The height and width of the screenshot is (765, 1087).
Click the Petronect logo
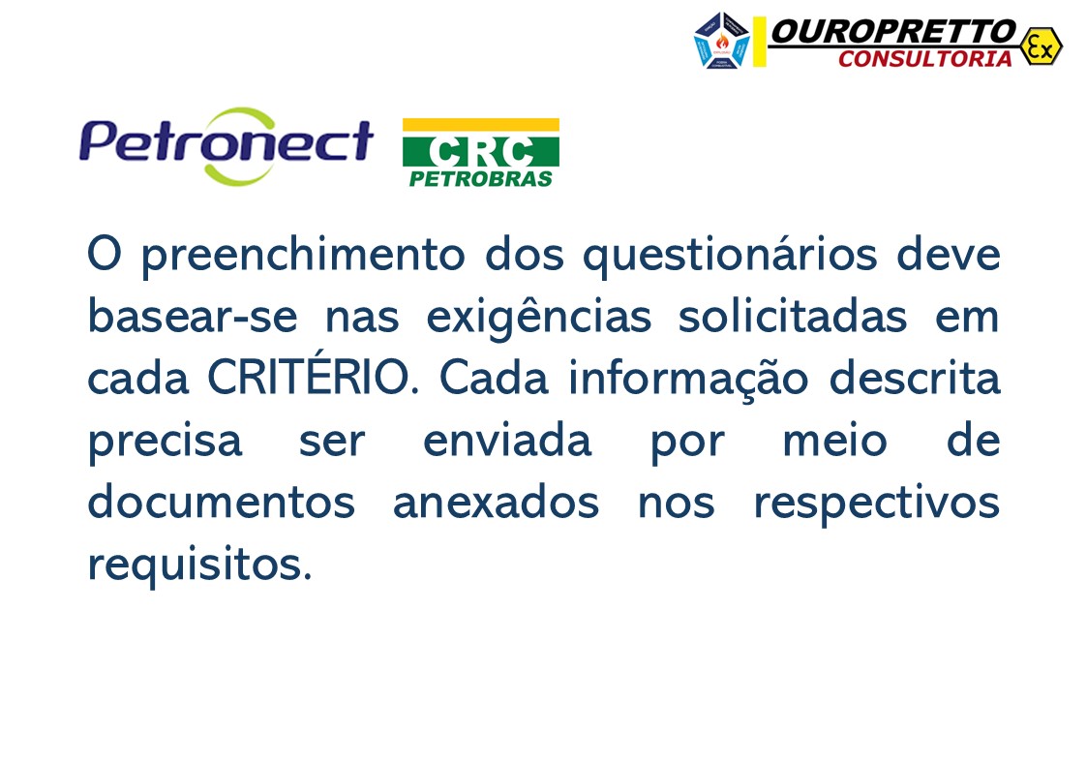[x=226, y=144]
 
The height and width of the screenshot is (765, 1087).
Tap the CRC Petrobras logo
[x=480, y=152]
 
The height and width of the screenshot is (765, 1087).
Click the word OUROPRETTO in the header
[x=892, y=32]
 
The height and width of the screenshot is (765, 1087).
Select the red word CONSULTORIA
[x=924, y=59]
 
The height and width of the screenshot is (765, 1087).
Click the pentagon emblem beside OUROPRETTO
[x=722, y=40]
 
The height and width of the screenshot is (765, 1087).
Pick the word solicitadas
[x=793, y=318]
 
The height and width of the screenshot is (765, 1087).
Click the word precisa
[x=165, y=442]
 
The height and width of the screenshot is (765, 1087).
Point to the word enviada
[x=506, y=442]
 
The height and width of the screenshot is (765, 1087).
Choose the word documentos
[x=221, y=504]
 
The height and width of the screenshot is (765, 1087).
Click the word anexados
[x=495, y=504]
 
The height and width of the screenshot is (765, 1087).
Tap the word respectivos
[x=876, y=504]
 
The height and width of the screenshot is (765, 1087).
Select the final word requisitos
[x=199, y=566]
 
